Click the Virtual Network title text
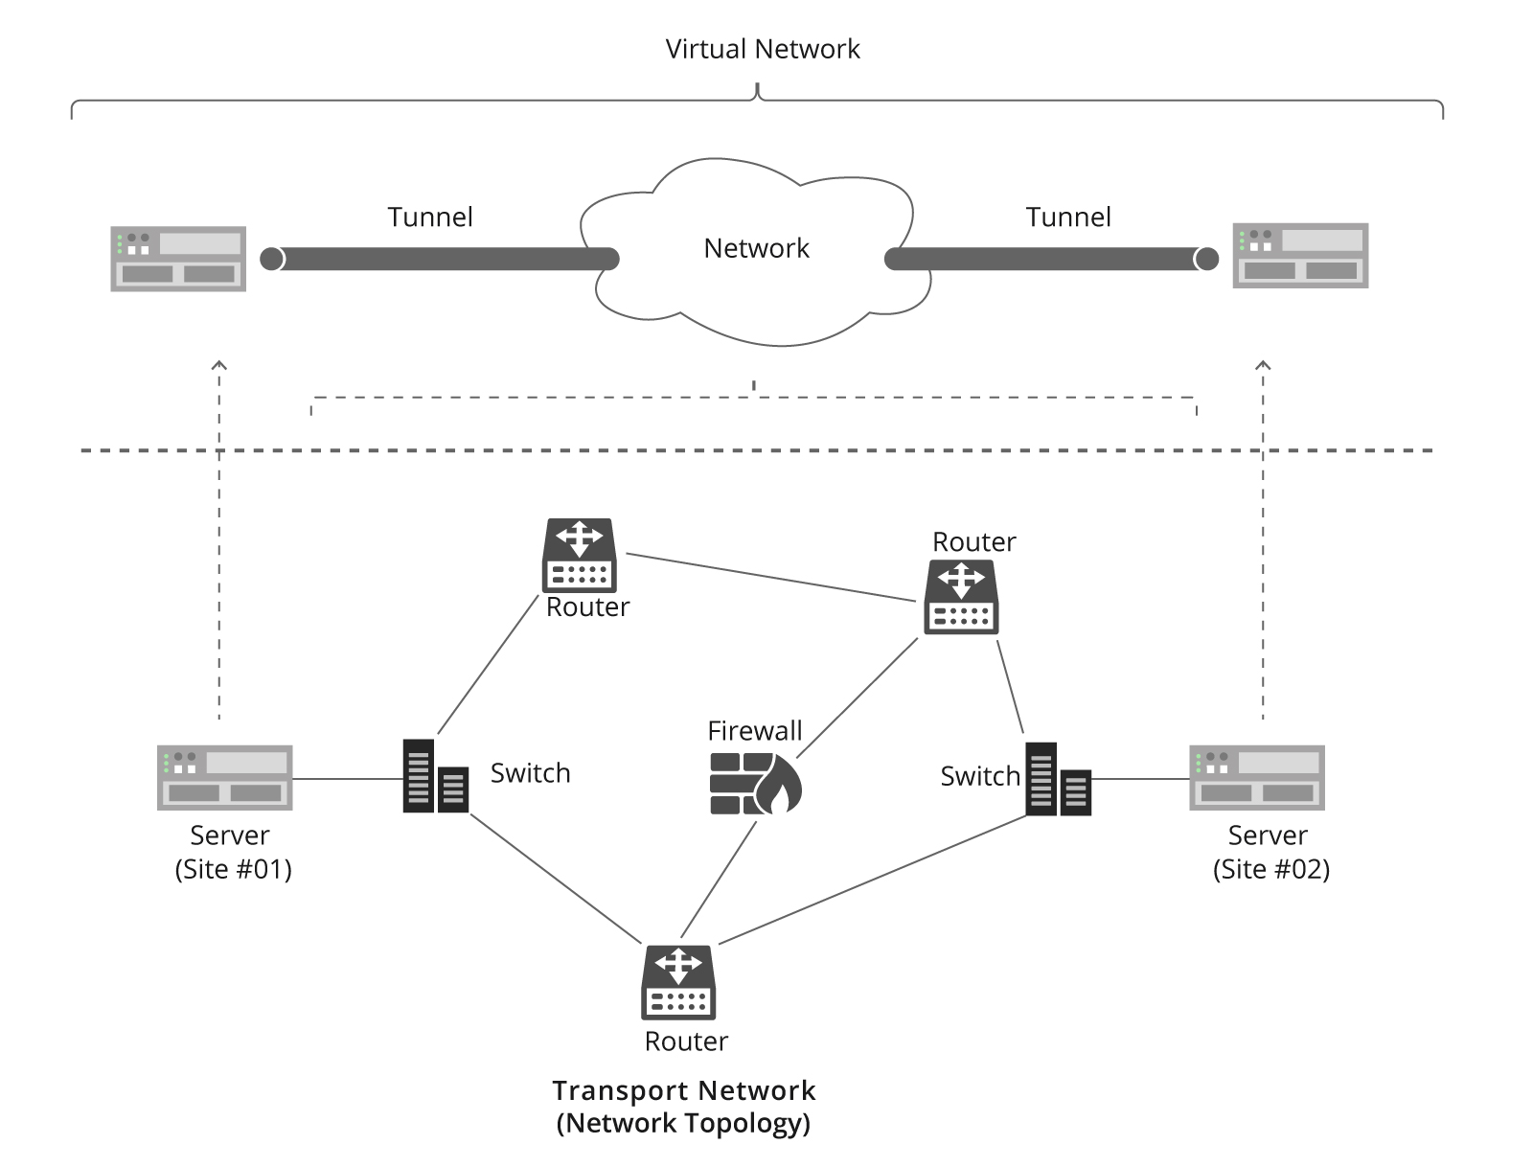point(763,50)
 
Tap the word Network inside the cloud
point(756,249)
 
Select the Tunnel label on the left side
point(430,217)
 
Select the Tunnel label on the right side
point(1068,217)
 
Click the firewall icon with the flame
point(755,783)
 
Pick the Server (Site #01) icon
point(225,777)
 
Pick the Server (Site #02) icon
point(1257,777)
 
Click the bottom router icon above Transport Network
point(678,982)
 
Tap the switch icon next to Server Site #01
point(435,776)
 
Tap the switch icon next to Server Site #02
point(1058,779)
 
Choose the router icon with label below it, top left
point(580,556)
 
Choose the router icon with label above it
point(961,597)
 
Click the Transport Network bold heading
point(683,1090)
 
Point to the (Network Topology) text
point(683,1123)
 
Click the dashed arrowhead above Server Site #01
point(219,365)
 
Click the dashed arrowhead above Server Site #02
point(1263,365)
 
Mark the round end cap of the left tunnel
point(272,259)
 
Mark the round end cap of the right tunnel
point(1206,259)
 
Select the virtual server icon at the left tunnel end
point(178,259)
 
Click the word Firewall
point(754,731)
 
